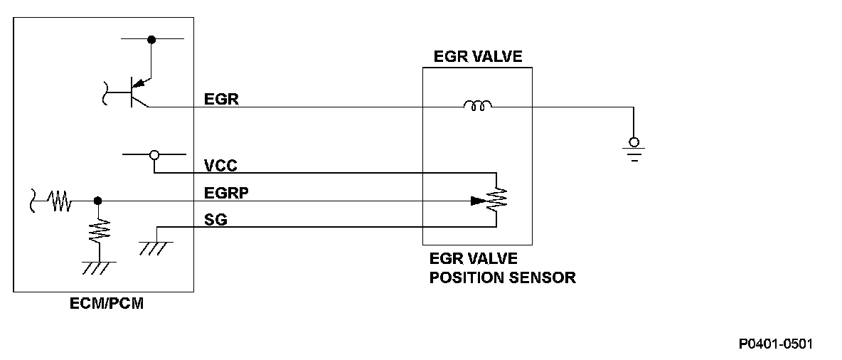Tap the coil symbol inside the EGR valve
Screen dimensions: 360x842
point(477,107)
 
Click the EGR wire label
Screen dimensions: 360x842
point(221,100)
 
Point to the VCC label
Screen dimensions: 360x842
point(221,165)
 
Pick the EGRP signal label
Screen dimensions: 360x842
point(225,193)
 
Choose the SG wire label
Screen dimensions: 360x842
point(215,221)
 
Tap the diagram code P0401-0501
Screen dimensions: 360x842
point(775,344)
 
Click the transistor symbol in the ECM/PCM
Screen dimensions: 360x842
point(135,91)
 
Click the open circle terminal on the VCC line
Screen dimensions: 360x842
point(154,154)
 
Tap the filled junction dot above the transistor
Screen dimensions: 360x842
point(151,39)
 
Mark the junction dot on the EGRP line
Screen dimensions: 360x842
point(97,201)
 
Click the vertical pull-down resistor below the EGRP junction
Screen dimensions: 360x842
point(98,229)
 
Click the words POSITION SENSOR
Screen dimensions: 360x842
point(502,277)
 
